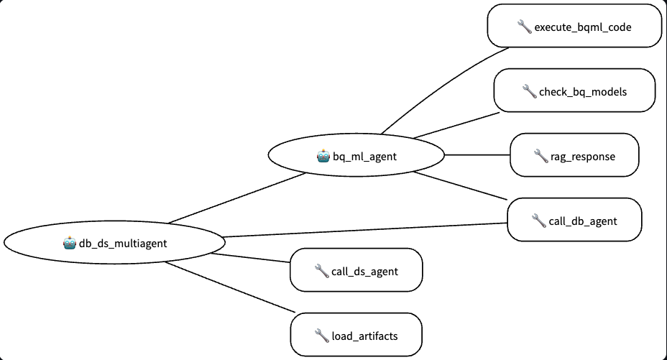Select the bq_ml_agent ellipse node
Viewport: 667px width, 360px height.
pyautogui.click(x=356, y=155)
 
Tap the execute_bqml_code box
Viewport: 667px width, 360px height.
pyautogui.click(x=574, y=27)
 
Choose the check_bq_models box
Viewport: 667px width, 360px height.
pyautogui.click(x=574, y=91)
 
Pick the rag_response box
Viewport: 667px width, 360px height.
pyautogui.click(x=574, y=155)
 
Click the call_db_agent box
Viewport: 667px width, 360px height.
pyautogui.click(x=574, y=220)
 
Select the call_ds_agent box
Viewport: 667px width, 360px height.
pyautogui.click(x=356, y=270)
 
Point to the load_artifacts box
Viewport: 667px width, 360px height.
pyautogui.click(x=356, y=335)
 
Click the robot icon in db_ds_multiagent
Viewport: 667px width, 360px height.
pyautogui.click(x=70, y=243)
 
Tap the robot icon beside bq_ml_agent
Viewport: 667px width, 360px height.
pyautogui.click(x=323, y=155)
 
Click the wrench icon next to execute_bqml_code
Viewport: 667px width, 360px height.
pyautogui.click(x=524, y=27)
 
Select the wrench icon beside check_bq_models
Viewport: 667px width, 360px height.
pyautogui.click(x=529, y=91)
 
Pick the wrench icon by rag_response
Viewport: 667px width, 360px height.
pyautogui.click(x=541, y=155)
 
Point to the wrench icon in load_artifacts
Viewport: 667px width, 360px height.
pyautogui.click(x=321, y=335)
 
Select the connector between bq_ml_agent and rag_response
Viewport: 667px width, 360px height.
pyautogui.click(x=478, y=154)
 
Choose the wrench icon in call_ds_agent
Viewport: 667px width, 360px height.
pyautogui.click(x=321, y=270)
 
